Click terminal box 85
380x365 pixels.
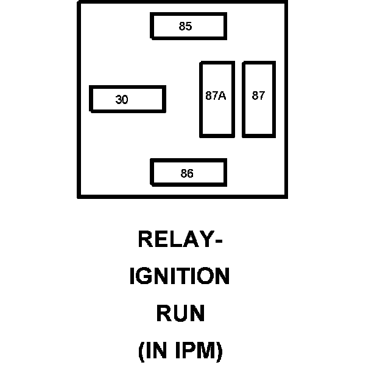click(x=188, y=26)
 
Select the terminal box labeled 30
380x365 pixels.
click(x=127, y=99)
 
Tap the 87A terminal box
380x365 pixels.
click(x=217, y=99)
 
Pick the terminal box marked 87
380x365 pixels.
click(x=259, y=99)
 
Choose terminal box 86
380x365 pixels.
click(x=188, y=173)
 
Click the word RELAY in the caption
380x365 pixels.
click(x=175, y=240)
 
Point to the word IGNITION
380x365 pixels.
click(x=180, y=277)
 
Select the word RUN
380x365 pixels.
click(x=180, y=314)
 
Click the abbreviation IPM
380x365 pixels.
click(x=195, y=351)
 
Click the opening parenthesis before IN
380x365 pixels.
click(x=142, y=352)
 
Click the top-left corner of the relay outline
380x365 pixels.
click(x=79, y=2)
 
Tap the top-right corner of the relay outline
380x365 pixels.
click(x=286, y=2)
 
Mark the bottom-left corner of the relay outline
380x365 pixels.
click(x=79, y=196)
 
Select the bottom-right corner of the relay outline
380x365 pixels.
click(x=286, y=196)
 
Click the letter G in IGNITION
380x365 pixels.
click(x=146, y=277)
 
